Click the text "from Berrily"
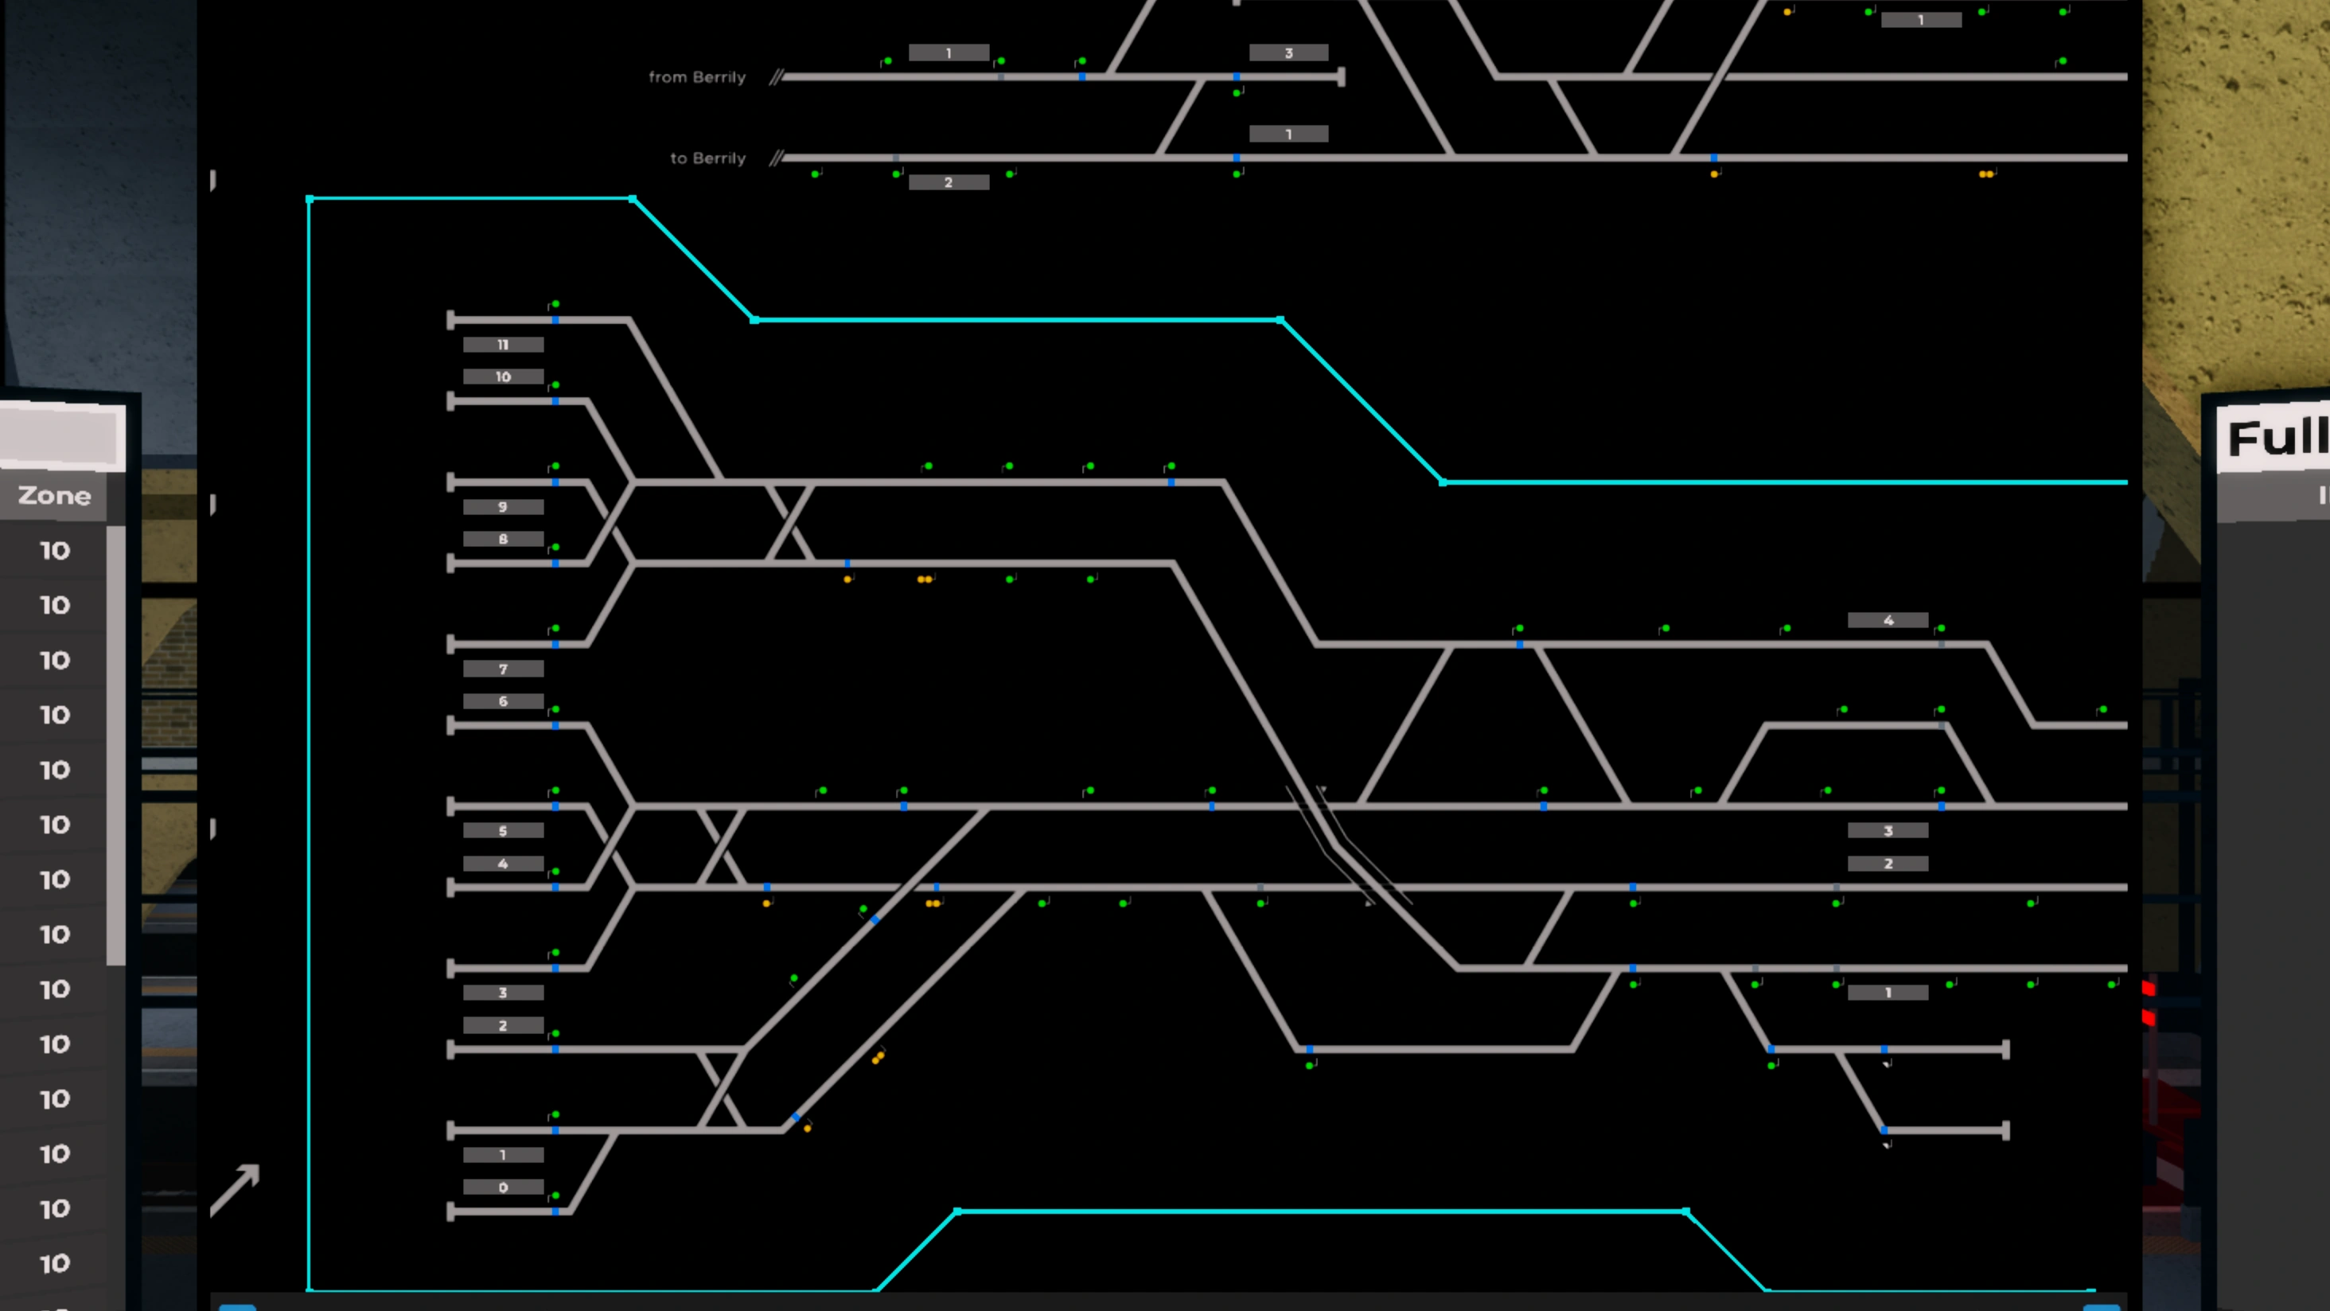[696, 77]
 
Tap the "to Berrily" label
[707, 158]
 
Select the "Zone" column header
[54, 496]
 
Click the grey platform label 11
[503, 345]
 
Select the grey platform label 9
[503, 507]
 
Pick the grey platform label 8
[503, 539]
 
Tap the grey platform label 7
[503, 669]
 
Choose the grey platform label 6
[503, 701]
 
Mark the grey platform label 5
[503, 830]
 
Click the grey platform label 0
[503, 1187]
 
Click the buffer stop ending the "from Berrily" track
[1342, 77]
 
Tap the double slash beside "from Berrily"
[776, 77]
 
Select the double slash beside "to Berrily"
[776, 158]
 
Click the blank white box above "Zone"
[60, 436]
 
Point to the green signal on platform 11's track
[555, 305]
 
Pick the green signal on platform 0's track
[555, 1196]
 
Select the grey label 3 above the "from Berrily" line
[1288, 53]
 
